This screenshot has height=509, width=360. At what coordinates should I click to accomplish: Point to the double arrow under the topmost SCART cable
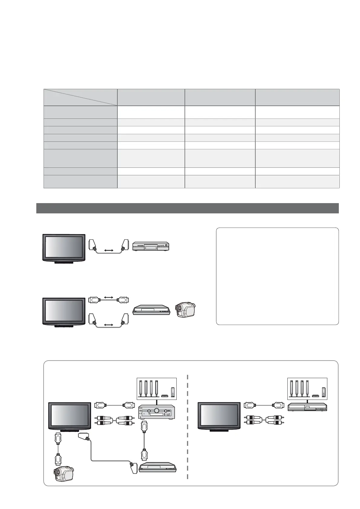(x=109, y=251)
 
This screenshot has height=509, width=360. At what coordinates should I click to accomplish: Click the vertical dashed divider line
(x=188, y=429)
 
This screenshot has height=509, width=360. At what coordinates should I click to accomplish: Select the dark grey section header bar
(x=187, y=208)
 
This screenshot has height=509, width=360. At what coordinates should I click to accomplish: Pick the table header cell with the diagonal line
(x=80, y=97)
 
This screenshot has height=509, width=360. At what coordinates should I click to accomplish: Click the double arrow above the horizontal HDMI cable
(x=109, y=297)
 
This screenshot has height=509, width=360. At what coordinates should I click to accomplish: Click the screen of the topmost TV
(x=64, y=246)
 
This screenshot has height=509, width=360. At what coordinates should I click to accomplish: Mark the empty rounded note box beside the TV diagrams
(x=277, y=276)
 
